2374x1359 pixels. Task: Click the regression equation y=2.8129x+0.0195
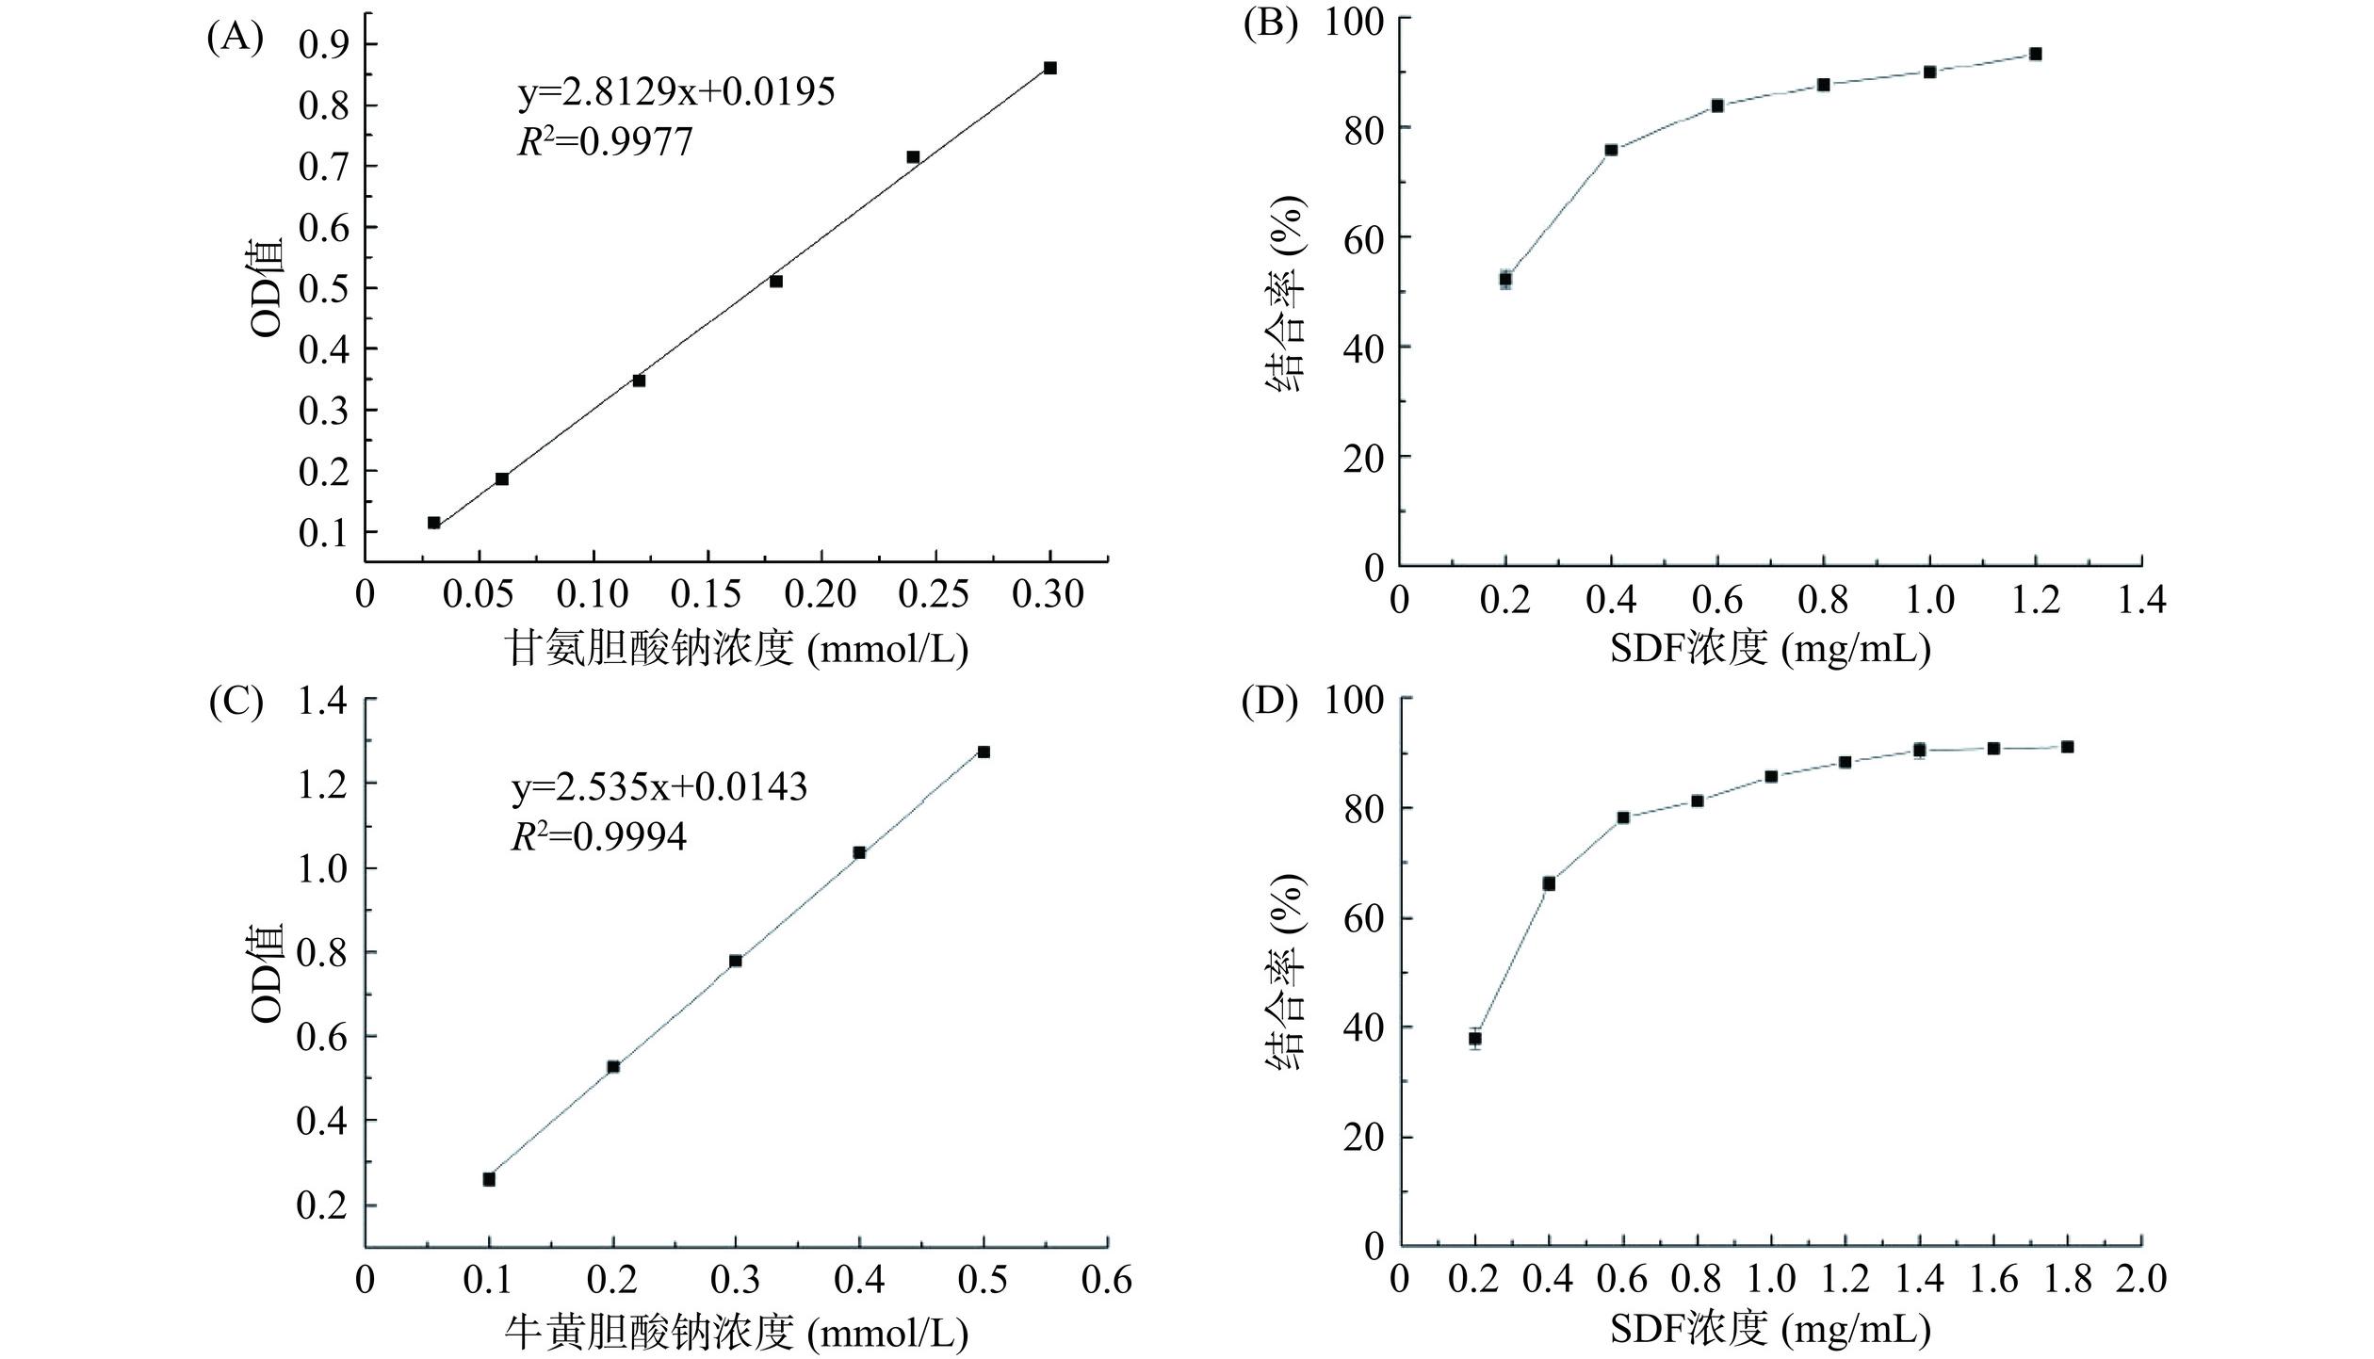click(x=675, y=92)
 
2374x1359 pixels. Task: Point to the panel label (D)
click(x=1270, y=703)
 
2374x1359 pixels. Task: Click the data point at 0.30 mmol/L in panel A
click(x=1050, y=68)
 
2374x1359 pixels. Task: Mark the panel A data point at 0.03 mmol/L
click(x=434, y=523)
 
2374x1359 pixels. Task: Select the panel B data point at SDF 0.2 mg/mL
click(x=1505, y=280)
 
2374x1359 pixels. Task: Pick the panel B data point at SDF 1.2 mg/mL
click(x=2035, y=54)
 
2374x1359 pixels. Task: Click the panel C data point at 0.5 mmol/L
click(x=984, y=752)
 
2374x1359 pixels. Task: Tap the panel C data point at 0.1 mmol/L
click(x=489, y=1179)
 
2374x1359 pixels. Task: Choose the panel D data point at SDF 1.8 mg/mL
click(x=2067, y=747)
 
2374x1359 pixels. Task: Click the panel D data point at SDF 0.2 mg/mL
click(x=1475, y=1039)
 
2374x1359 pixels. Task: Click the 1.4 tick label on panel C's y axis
click(x=322, y=702)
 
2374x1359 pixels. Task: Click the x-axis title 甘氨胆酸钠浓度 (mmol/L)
click(x=738, y=649)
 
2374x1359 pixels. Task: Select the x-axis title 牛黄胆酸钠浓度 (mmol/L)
click(x=738, y=1331)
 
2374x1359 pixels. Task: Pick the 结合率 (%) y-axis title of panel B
click(x=1286, y=293)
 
